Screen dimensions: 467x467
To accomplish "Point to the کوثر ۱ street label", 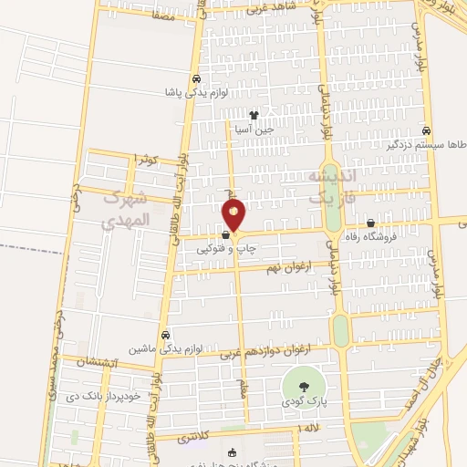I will (x=146, y=160).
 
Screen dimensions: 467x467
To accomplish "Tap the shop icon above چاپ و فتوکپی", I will (x=224, y=233).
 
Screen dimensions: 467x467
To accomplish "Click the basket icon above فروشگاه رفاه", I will (x=370, y=223).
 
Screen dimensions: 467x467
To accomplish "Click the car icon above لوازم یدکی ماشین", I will (x=165, y=334).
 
